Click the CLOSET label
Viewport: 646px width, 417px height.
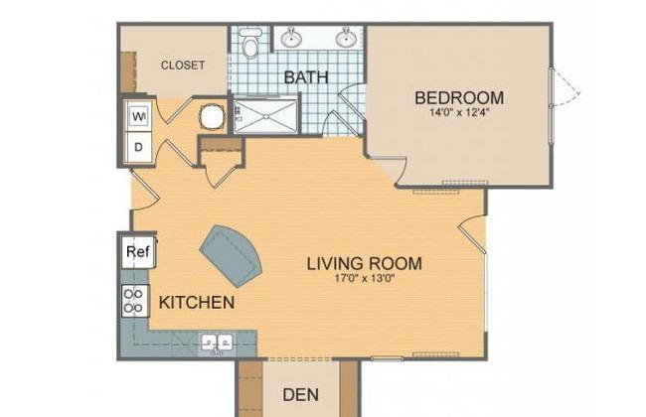click(x=183, y=66)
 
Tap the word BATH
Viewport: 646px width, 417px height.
click(x=306, y=77)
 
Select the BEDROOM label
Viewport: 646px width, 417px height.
click(x=459, y=98)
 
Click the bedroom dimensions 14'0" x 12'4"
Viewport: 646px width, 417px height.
click(x=459, y=112)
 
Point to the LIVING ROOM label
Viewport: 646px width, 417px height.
click(x=365, y=263)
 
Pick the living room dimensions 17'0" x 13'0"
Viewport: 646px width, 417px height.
click(x=365, y=279)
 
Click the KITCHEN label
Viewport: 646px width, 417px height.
click(x=197, y=303)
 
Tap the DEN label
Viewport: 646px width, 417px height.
click(x=301, y=395)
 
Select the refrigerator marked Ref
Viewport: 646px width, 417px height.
click(x=138, y=251)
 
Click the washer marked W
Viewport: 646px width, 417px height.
click(x=139, y=116)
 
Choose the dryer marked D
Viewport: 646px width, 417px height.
click(x=139, y=147)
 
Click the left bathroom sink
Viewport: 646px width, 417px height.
click(x=291, y=38)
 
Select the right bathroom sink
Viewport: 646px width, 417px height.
click(x=346, y=38)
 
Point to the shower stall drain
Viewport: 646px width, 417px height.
click(x=266, y=117)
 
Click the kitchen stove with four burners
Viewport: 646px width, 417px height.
click(x=134, y=301)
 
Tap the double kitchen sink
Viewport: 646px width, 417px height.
click(x=217, y=343)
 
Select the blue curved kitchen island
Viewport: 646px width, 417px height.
click(x=232, y=256)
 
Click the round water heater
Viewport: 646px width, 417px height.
click(x=212, y=116)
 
